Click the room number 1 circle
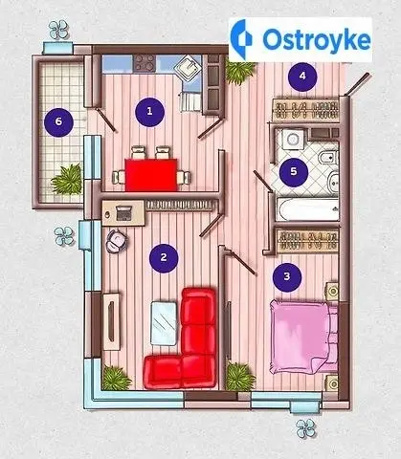(x=149, y=112)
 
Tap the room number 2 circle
(x=164, y=258)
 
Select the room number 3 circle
(x=287, y=277)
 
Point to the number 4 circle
(x=302, y=76)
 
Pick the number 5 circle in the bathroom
(x=294, y=172)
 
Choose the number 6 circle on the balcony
(x=58, y=122)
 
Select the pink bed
(x=303, y=337)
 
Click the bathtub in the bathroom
(x=307, y=209)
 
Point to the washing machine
(x=292, y=139)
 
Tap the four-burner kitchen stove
(x=145, y=62)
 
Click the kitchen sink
(x=188, y=69)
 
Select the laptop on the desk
(x=123, y=213)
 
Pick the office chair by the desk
(x=117, y=241)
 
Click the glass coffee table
(x=164, y=323)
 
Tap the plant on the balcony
(x=67, y=179)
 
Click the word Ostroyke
(x=317, y=39)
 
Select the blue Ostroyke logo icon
(x=241, y=39)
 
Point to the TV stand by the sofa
(x=112, y=321)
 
